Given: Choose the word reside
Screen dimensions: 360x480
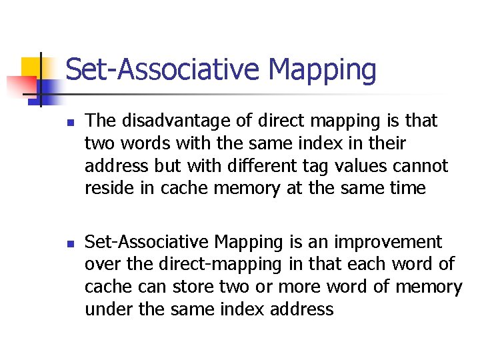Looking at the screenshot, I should pos(104,188).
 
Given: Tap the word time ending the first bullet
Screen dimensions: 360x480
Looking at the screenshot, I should pos(403,188).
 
